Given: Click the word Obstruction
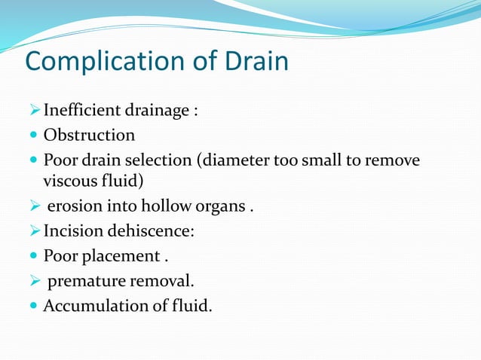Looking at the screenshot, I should coord(89,136).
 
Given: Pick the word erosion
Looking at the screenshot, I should coord(72,206).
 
